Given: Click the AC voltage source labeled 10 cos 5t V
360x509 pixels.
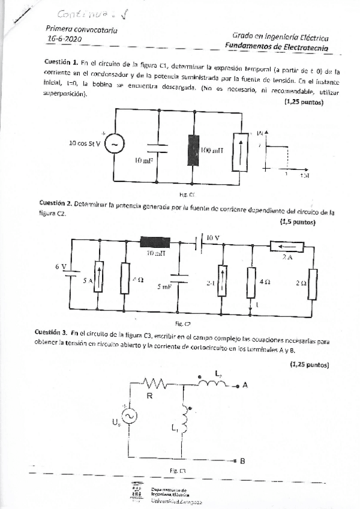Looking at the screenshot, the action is [112, 145].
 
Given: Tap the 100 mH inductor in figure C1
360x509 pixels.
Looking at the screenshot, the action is [193, 149].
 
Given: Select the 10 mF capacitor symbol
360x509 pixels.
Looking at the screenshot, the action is [157, 147].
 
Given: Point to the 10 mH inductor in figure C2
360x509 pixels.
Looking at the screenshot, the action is [155, 242].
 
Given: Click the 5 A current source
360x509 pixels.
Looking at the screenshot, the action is [100, 277].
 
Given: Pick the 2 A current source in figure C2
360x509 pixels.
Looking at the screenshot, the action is [287, 245].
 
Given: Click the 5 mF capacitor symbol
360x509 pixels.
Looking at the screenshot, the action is [178, 277].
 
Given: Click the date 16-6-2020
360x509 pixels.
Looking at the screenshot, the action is [64, 39].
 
